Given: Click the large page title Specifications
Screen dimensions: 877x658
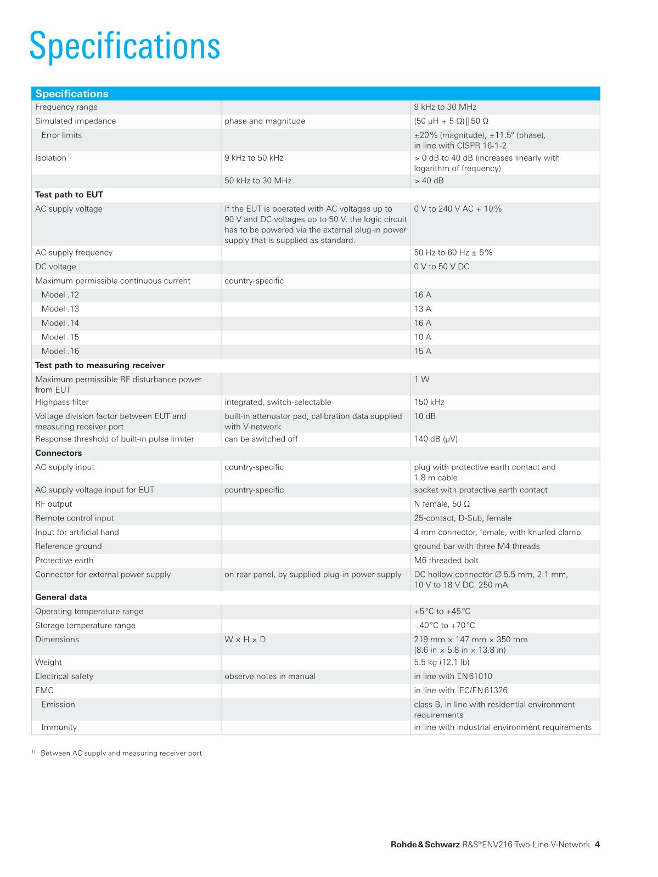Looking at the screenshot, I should pos(125,46).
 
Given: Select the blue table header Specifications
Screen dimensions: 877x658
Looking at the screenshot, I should pos(72,94).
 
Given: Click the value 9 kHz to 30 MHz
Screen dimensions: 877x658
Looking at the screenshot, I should pos(445,107).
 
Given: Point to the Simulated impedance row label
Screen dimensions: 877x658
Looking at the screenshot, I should pos(76,121).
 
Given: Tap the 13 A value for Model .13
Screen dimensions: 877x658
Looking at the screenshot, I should pos(423,309).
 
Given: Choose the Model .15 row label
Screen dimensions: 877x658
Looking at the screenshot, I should pos(60,337).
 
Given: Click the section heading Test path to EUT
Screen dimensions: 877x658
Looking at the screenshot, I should pos(69,195).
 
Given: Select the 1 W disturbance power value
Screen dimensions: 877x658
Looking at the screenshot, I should pos(421,380).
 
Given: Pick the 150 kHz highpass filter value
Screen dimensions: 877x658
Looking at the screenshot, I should pos(429,402).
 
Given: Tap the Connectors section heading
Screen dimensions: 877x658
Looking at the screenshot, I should pos(59,453).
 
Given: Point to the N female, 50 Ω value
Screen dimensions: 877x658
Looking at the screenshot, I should pos(442,504).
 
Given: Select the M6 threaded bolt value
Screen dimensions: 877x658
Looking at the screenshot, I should pos(446,561).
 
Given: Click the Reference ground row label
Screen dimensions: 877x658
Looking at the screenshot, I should pos(69,546).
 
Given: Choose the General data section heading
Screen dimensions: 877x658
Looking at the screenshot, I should pos(61,597).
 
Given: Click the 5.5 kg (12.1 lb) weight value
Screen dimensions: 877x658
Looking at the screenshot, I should pos(442,663).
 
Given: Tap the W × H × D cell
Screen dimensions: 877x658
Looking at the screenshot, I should pos(245,640).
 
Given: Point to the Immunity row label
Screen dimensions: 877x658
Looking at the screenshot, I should pos(59,727).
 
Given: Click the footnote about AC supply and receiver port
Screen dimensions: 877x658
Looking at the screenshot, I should pos(122,754).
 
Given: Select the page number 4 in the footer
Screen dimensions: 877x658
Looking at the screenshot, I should pos(597,845).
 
